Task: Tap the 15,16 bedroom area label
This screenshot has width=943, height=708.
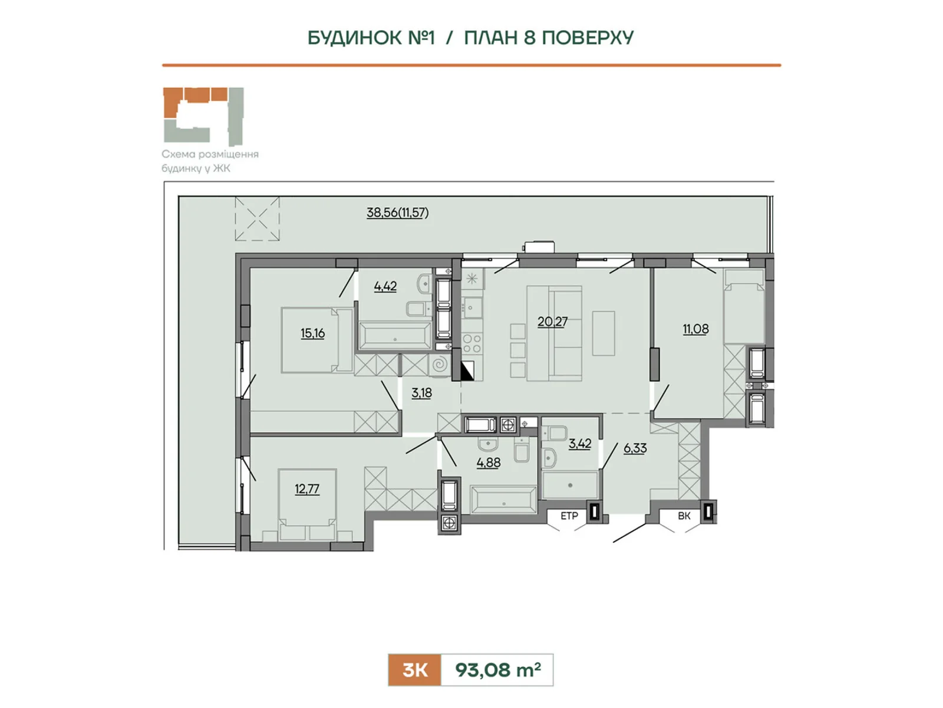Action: [312, 333]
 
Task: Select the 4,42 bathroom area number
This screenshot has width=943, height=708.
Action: [385, 286]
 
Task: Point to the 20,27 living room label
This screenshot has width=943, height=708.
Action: [552, 322]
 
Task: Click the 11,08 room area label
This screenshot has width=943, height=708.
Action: [695, 329]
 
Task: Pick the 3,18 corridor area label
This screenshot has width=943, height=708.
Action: [421, 393]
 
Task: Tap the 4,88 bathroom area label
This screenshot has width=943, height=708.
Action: [489, 463]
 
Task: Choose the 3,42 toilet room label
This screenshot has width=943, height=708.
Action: [579, 444]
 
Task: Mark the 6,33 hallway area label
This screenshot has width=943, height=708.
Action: [635, 448]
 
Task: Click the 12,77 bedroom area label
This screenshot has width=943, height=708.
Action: [306, 489]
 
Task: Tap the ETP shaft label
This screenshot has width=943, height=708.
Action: [569, 516]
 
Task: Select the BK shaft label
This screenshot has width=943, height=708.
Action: [684, 516]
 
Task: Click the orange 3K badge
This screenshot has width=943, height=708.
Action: [414, 670]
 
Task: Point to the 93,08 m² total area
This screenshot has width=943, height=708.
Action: [498, 670]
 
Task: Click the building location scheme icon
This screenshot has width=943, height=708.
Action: [203, 116]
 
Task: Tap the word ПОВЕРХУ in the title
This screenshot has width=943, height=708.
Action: [588, 38]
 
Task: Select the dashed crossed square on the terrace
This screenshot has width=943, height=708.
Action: [257, 218]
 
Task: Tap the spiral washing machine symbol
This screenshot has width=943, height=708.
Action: [439, 365]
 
